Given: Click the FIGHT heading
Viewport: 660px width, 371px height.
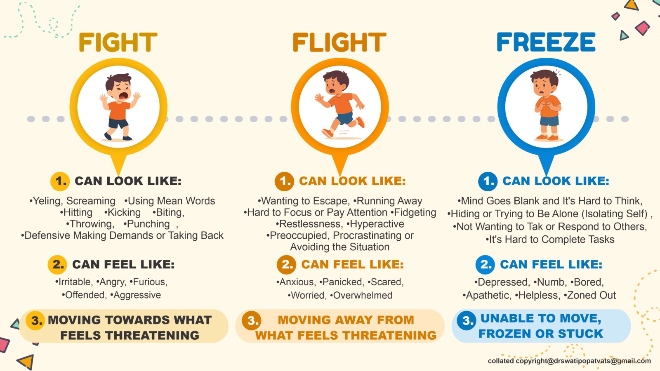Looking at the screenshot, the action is (x=118, y=42).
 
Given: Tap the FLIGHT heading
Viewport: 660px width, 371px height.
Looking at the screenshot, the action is (x=339, y=42).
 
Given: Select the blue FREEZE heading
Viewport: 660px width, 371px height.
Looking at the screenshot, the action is (x=546, y=42).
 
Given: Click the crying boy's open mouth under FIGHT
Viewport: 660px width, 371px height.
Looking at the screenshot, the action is (x=123, y=96).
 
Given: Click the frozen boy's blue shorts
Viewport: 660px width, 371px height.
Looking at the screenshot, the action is (x=549, y=121).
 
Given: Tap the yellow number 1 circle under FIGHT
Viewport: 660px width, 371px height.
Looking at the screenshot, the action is (x=60, y=181).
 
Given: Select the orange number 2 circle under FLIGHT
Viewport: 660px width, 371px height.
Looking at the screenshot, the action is (x=286, y=264).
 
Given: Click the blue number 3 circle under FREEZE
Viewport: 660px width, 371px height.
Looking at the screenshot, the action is (x=467, y=320).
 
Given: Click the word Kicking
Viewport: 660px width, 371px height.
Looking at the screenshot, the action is (x=124, y=213).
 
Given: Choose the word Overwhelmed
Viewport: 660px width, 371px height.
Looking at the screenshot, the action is (x=363, y=295).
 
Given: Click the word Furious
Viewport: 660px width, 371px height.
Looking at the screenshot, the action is (x=150, y=282).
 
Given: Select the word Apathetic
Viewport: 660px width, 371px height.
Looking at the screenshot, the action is (x=488, y=295).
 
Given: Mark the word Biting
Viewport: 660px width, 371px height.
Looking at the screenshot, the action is (x=170, y=213).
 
